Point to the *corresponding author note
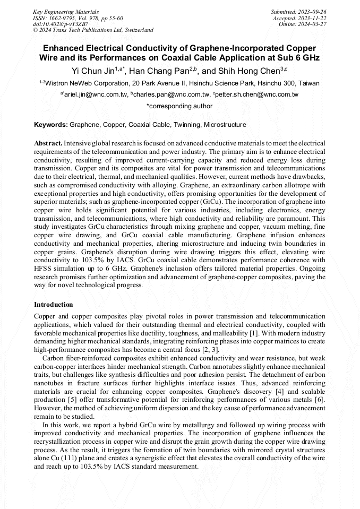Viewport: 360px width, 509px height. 179,106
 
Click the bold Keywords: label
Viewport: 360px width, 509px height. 51,125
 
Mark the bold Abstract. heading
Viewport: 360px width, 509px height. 48,143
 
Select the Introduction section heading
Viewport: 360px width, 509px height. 54,305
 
